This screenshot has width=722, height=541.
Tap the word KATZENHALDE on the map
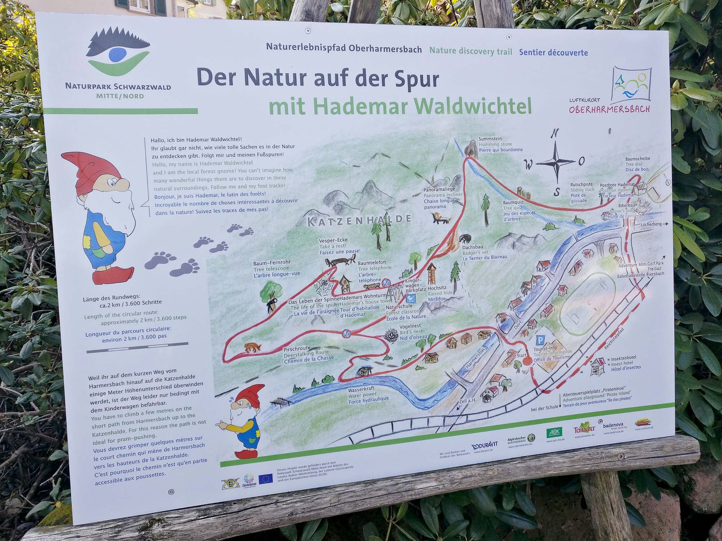click(359, 220)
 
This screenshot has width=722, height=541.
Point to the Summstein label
click(490, 139)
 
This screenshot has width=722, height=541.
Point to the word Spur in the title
click(409, 79)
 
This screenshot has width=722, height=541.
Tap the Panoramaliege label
click(439, 189)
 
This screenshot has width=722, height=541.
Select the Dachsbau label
click(473, 247)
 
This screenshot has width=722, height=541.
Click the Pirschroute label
click(297, 348)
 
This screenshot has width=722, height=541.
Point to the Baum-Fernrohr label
click(271, 263)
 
